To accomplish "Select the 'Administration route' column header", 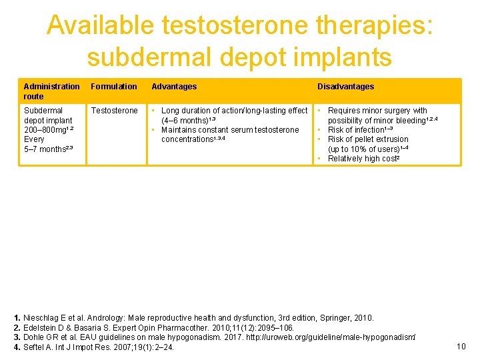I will click(51, 91).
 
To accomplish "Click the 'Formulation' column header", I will click(114, 87).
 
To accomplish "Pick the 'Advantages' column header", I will click(174, 87).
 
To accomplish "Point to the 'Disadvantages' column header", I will click(345, 87).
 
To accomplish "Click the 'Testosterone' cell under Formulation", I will click(114, 111).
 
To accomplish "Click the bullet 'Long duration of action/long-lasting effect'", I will click(234, 111).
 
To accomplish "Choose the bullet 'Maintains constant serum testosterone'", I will click(230, 130).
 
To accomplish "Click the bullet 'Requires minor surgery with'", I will click(377, 111).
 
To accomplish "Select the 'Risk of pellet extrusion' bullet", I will click(368, 139).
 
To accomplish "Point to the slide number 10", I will click(461, 346).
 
